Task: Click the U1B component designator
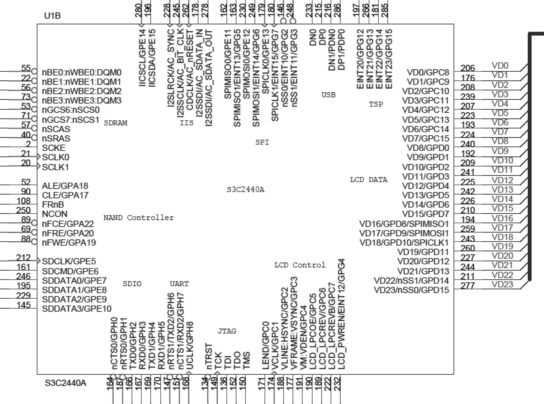(52, 16)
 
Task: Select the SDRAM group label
(115, 123)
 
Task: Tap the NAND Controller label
(138, 218)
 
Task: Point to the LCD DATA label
(368, 180)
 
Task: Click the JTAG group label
(227, 331)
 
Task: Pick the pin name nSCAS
(56, 129)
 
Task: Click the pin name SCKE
(54, 148)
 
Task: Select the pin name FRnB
(53, 205)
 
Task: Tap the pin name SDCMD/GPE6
(70, 271)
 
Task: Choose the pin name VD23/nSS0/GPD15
(411, 290)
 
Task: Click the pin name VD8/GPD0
(428, 148)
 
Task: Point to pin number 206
(467, 68)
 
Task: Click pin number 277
(467, 286)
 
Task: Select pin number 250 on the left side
(23, 210)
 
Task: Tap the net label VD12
(502, 180)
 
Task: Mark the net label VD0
(500, 66)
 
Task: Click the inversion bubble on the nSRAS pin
(34, 138)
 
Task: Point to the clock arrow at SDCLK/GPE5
(39, 261)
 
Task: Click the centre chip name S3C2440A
(245, 190)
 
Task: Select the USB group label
(328, 95)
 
